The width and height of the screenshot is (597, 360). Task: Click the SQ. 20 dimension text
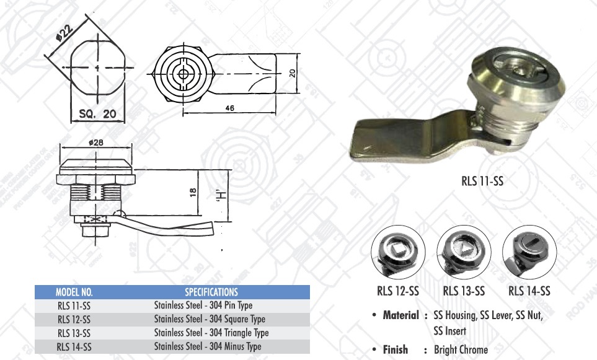pyautogui.click(x=98, y=114)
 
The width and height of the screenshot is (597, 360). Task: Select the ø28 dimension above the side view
pyautogui.click(x=95, y=143)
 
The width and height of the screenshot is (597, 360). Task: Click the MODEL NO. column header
pyautogui.click(x=74, y=291)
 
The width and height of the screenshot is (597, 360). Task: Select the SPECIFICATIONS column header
pyautogui.click(x=211, y=291)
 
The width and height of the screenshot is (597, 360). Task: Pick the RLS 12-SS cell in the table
pyautogui.click(x=74, y=319)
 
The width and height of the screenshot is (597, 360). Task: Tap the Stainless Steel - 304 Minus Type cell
pyautogui.click(x=208, y=346)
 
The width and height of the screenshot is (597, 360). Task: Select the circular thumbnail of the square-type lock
pyautogui.click(x=397, y=252)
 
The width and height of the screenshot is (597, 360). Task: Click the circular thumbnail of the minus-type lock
pyautogui.click(x=528, y=252)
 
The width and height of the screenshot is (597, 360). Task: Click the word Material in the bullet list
pyautogui.click(x=400, y=315)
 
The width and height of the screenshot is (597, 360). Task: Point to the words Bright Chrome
pyautogui.click(x=461, y=349)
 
